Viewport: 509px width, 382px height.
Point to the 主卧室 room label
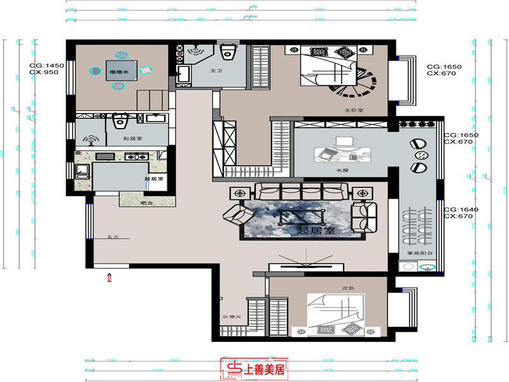(x=354, y=110)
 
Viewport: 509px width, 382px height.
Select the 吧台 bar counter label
(x=146, y=203)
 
